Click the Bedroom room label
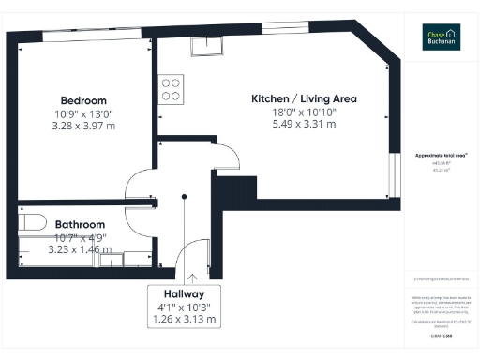[x=83, y=100]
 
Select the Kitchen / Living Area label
[x=304, y=98]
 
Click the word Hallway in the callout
[x=184, y=292]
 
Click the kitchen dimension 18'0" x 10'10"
[x=304, y=112]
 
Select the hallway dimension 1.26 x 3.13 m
[x=184, y=320]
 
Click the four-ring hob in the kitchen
[x=172, y=89]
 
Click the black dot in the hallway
[x=184, y=196]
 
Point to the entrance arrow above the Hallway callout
[x=191, y=277]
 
